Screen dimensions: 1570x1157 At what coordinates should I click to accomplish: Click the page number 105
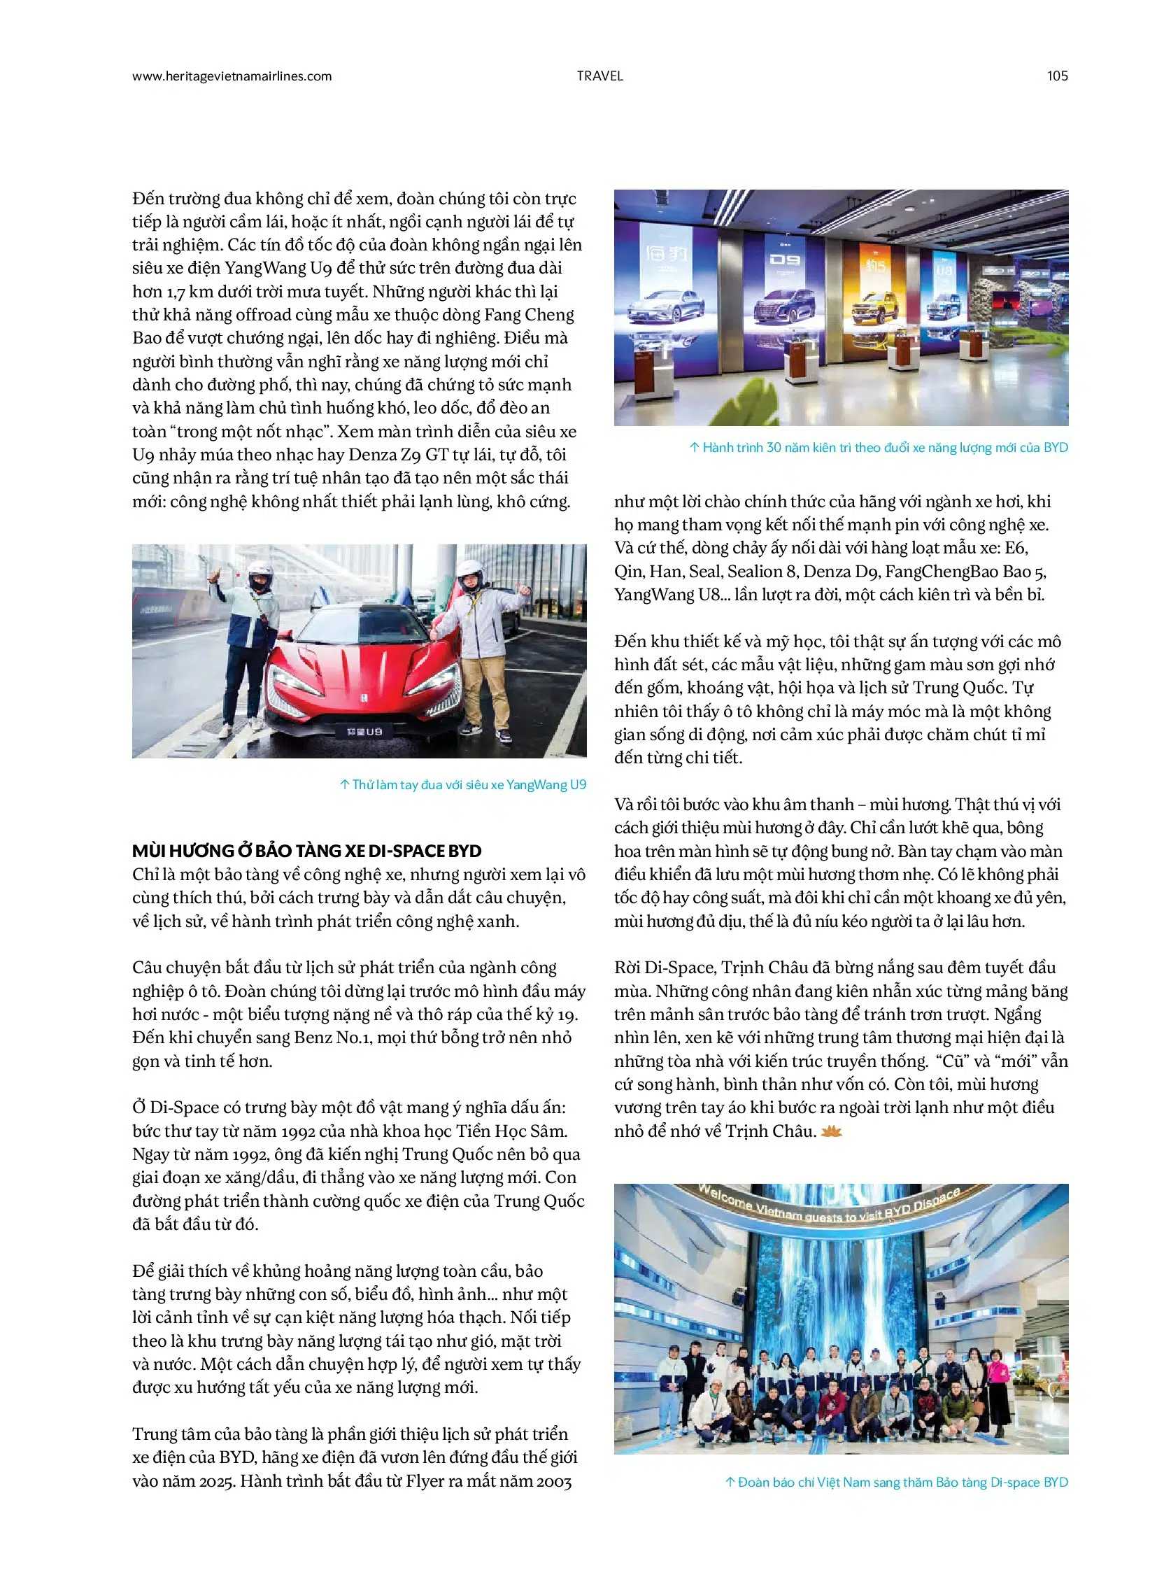pyautogui.click(x=1057, y=76)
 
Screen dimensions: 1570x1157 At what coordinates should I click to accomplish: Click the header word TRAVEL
pyautogui.click(x=599, y=76)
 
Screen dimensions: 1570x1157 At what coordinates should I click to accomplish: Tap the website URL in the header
pyautogui.click(x=232, y=76)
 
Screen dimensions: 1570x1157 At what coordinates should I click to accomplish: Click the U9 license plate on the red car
pyautogui.click(x=364, y=730)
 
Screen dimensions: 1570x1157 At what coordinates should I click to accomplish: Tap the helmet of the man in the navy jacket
pyautogui.click(x=260, y=577)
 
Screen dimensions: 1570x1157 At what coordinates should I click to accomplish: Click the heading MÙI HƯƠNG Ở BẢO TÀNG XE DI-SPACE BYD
pyautogui.click(x=307, y=851)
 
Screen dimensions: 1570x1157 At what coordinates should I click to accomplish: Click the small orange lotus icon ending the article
pyautogui.click(x=831, y=1131)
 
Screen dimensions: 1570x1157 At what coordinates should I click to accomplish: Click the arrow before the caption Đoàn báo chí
pyautogui.click(x=730, y=1482)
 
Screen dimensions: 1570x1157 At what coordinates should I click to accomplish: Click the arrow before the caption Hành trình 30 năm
pyautogui.click(x=694, y=447)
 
